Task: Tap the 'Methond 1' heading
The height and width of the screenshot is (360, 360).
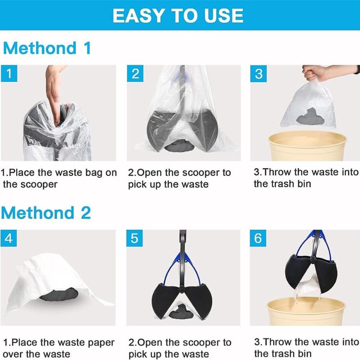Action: pos(47,48)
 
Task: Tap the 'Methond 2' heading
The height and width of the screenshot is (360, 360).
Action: pos(47,212)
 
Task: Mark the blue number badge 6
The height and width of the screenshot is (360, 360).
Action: pos(258,238)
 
